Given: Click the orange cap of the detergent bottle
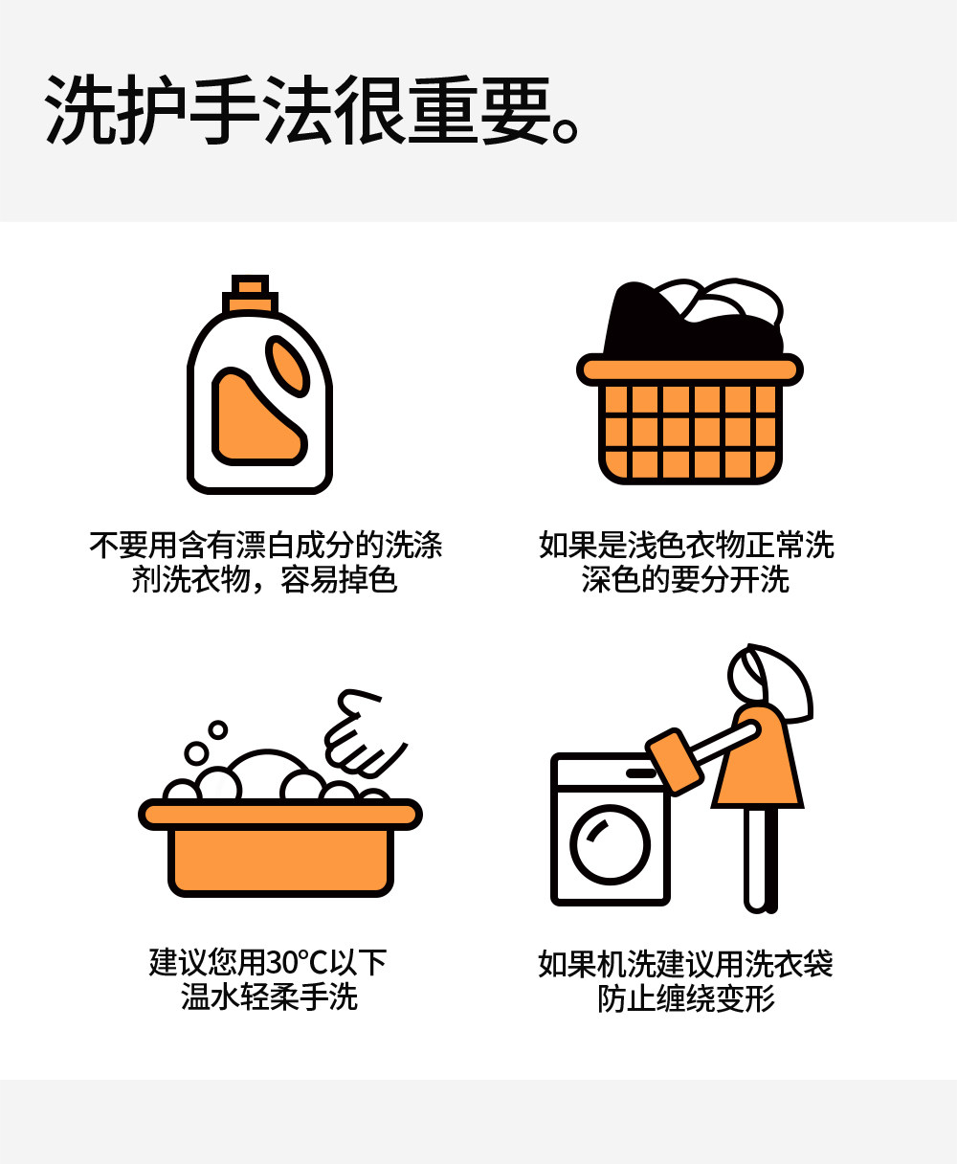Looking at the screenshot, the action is [x=250, y=294].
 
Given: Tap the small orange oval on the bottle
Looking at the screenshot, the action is [x=287, y=366].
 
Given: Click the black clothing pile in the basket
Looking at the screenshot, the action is [x=690, y=325].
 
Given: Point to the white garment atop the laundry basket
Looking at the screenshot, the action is [x=728, y=300].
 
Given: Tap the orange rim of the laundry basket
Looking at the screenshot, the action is [x=690, y=369].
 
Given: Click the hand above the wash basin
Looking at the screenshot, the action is [x=362, y=733].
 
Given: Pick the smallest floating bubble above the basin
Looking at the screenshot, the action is [x=218, y=729].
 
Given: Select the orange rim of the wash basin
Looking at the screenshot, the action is [x=279, y=814].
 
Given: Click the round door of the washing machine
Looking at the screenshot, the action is [x=610, y=844].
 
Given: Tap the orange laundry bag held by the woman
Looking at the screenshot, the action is [x=674, y=762].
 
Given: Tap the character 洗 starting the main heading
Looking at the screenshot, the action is [x=80, y=109].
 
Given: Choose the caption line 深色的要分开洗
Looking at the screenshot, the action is [x=685, y=579].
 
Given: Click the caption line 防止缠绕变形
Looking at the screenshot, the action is [x=686, y=999].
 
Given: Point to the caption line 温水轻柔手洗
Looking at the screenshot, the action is [x=269, y=996].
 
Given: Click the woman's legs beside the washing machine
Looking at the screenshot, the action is [x=761, y=861].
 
